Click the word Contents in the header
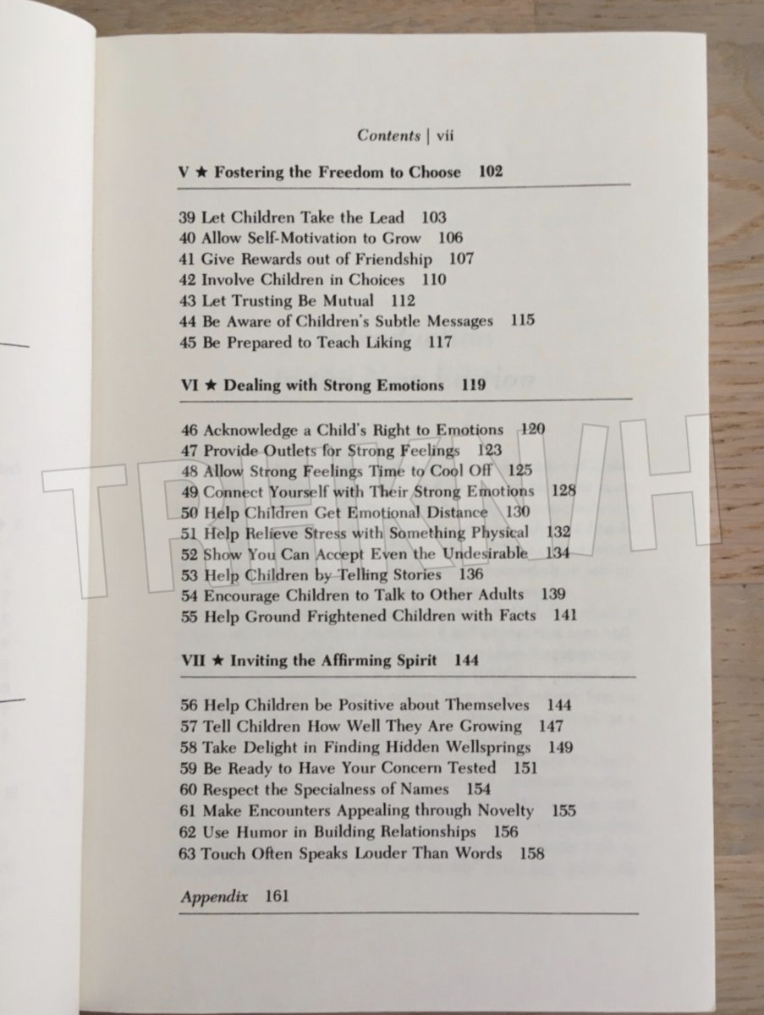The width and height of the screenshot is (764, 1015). pos(388,135)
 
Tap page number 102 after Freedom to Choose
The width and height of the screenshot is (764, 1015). pos(491,172)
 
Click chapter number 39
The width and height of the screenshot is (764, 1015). pos(188,217)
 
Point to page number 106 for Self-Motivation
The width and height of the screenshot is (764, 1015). pos(451,238)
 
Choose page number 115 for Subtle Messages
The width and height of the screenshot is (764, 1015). pos(523,321)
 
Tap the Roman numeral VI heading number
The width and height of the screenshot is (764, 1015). pos(190,386)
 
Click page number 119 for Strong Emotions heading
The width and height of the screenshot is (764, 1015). pos(474,386)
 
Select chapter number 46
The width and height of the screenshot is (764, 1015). pos(190,430)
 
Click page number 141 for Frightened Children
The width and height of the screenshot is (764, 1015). pos(564,615)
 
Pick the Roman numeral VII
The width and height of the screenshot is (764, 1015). pos(193,660)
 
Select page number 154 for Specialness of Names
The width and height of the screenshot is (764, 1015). pos(479,789)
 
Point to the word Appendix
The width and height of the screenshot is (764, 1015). pos(214,897)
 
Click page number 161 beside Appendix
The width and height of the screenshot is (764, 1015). pos(277,896)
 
